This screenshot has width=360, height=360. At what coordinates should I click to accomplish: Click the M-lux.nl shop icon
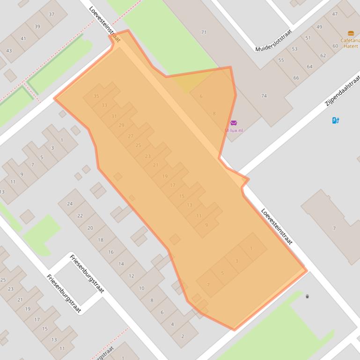click(234, 123)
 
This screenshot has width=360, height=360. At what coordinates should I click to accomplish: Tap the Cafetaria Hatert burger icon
click(351, 33)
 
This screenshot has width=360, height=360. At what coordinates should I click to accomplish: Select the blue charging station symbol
click(335, 120)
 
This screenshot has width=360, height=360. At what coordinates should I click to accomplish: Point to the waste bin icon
click(307, 296)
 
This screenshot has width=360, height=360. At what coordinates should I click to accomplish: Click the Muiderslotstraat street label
click(274, 41)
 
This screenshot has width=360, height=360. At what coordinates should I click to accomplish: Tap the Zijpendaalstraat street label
click(343, 90)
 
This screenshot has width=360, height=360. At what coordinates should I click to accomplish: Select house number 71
click(204, 32)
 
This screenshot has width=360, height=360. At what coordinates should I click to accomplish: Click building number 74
click(264, 96)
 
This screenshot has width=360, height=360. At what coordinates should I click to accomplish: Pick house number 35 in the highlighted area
click(96, 96)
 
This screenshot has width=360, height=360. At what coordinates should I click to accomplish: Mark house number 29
click(122, 125)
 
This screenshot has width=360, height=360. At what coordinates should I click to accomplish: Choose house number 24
click(70, 204)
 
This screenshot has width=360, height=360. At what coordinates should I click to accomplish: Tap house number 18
click(100, 240)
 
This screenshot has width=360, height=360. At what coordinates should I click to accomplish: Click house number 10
click(141, 288)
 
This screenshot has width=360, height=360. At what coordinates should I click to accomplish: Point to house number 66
click(296, 78)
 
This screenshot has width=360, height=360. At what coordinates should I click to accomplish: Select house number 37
click(51, 14)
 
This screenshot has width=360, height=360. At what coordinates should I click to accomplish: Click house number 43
click(9, 50)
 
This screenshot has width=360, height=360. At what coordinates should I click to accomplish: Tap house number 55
click(281, 60)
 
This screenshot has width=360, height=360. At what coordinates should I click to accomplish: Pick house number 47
click(335, 14)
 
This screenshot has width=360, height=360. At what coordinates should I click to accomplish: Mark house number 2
click(182, 336)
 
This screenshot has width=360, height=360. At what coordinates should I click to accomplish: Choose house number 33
click(104, 106)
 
